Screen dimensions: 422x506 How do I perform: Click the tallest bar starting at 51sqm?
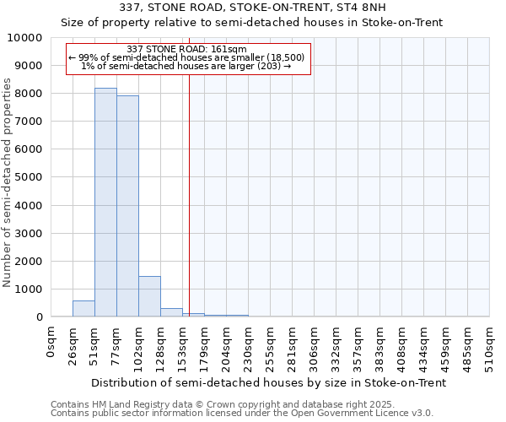[x=105, y=203]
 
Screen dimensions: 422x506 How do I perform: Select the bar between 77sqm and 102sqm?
[x=127, y=206]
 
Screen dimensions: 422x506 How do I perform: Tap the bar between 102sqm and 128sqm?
[x=149, y=296]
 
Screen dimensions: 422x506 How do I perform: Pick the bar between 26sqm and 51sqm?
[x=83, y=309]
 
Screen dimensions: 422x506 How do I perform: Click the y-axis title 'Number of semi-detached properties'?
[x=8, y=182]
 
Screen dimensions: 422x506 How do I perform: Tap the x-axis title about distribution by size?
[x=268, y=382]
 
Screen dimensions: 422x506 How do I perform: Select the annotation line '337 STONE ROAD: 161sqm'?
[x=186, y=50]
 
